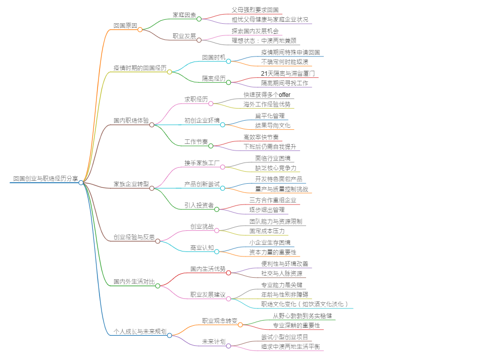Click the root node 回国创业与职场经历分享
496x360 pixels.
pos(45,179)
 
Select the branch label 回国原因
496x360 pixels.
pos(125,25)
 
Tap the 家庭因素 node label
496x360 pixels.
pos(184,15)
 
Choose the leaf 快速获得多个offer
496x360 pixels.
pos(267,94)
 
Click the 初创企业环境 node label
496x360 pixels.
pos(202,120)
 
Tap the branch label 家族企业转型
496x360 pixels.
pos(131,184)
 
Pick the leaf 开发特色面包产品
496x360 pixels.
pos(279,179)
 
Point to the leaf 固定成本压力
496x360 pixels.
pos(267,231)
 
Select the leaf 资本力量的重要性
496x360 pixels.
pos(273,252)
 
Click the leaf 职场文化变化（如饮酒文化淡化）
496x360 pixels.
pos(305,304)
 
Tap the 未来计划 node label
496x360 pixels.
pos(214,341)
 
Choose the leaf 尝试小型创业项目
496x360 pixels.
pos(284,337)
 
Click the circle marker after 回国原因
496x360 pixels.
pos(140,29)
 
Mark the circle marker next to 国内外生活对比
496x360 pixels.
pos(158,286)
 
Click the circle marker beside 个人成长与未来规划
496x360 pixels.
pos(169,335)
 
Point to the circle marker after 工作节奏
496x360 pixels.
pos(211,145)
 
